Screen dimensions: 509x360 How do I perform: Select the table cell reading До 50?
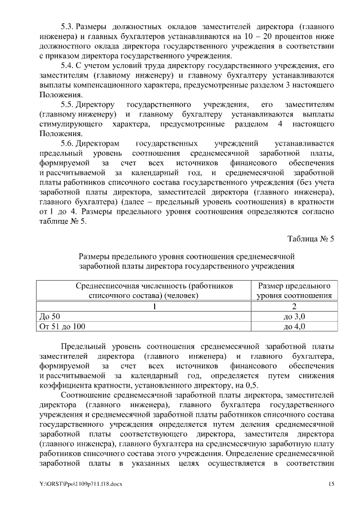click(x=49, y=316)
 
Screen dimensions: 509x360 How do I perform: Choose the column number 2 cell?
click(x=294, y=306)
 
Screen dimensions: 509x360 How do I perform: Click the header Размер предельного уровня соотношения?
click(x=294, y=291)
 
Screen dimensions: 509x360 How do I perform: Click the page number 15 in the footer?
click(x=331, y=484)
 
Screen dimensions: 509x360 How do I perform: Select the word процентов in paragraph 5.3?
click(x=294, y=37)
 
